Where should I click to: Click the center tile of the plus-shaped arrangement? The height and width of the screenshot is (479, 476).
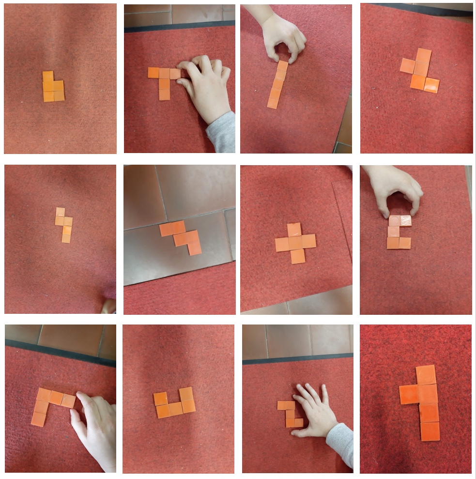tap(296, 242)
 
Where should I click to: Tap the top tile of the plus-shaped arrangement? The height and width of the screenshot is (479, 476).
tap(294, 229)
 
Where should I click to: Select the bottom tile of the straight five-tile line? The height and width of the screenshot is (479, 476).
tap(273, 103)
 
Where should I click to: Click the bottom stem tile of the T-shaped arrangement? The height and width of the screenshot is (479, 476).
tap(165, 94)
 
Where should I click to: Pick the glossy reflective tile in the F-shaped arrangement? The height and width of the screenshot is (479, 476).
tap(431, 85)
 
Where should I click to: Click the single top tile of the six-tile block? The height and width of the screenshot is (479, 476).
tap(48, 77)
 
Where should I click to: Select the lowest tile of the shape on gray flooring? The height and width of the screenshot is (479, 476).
tap(195, 248)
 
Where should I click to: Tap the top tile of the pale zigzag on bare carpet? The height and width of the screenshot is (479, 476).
tap(60, 212)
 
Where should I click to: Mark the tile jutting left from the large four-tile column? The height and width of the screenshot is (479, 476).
tap(409, 394)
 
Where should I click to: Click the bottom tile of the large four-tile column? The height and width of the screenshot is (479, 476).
tap(430, 431)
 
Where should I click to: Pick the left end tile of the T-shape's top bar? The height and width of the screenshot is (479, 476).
tap(153, 73)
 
